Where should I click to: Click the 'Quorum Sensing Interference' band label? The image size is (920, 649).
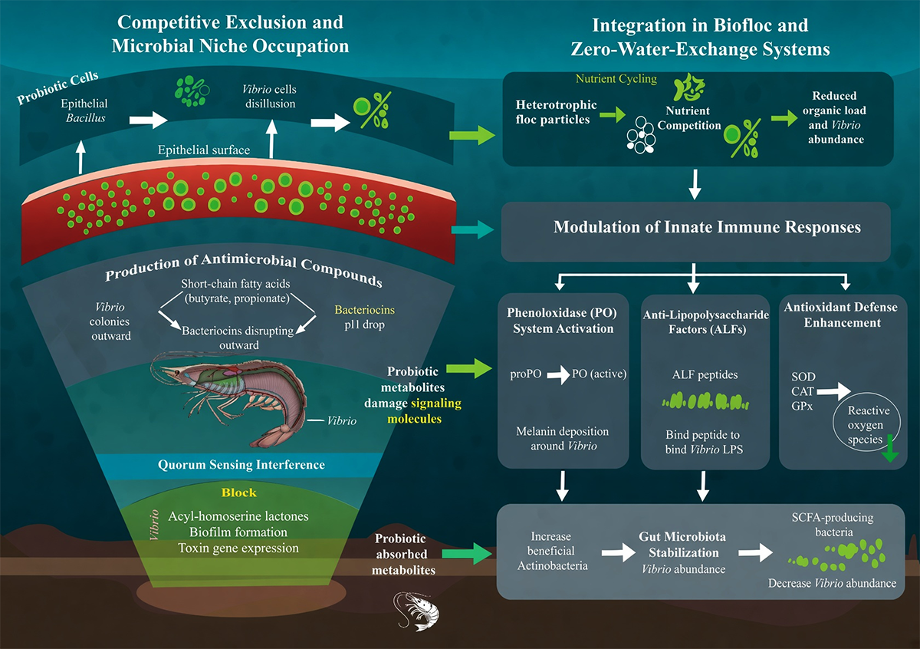pos(241,465)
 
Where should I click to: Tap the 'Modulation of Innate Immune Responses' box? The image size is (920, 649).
pos(696,232)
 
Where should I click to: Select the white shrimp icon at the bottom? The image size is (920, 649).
pos(416,611)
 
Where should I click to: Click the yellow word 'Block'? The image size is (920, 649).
pos(238,493)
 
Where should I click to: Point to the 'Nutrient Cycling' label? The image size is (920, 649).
pos(616,78)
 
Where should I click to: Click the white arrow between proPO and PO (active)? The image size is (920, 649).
pos(558,374)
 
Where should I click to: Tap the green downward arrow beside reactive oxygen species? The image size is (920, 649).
pos(890,449)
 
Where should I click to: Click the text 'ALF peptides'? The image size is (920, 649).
pos(705,374)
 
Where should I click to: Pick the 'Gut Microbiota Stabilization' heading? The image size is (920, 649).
pos(682,544)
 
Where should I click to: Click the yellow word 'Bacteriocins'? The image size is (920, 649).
pos(364,309)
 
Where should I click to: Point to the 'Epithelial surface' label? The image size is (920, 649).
pos(204,150)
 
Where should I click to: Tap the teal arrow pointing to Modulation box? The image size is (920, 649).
pos(473,229)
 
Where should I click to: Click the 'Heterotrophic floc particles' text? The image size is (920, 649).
pos(556,112)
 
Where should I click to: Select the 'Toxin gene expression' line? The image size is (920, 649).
pos(238,549)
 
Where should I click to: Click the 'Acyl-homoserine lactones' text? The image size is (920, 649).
pos(238,516)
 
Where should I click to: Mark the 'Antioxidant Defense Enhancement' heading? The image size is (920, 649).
pos(841,315)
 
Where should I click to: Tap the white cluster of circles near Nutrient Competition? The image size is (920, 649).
pos(640,135)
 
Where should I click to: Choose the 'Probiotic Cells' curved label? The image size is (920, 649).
pos(58,87)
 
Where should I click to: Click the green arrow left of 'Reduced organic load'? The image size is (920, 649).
pos(784,118)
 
